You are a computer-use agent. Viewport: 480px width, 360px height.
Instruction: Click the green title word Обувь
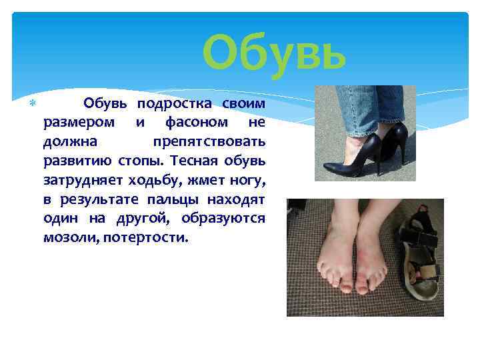[x=274, y=55]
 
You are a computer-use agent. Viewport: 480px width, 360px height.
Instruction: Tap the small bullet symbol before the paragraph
[x=31, y=104]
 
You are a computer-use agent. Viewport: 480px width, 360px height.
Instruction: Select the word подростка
[x=175, y=104]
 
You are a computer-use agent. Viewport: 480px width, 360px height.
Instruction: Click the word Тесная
[x=194, y=161]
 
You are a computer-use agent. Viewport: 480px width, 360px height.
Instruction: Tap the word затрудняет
[x=80, y=181]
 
